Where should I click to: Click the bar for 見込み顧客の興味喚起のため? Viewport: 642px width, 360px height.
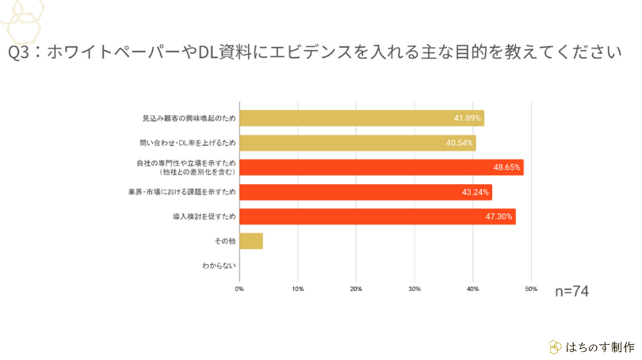(361, 118)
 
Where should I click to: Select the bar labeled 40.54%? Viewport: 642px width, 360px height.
(357, 143)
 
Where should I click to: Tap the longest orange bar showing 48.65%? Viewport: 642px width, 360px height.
(381, 167)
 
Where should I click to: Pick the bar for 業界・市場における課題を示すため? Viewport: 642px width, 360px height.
(365, 192)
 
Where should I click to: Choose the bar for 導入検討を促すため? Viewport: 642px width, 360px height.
(377, 216)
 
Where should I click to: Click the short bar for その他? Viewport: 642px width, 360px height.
(250, 241)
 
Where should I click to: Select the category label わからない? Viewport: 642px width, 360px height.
(220, 266)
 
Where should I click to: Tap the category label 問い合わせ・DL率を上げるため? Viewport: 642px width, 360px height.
(187, 143)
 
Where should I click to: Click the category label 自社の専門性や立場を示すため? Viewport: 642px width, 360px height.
(187, 163)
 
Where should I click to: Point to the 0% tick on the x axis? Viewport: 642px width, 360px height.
(239, 288)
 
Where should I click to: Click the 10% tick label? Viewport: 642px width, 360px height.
(297, 288)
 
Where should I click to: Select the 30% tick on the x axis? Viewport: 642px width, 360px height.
(415, 288)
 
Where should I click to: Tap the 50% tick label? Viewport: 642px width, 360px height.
(531, 288)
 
